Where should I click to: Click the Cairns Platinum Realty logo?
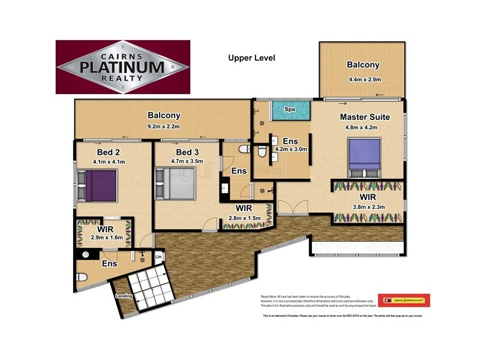pos(123,67)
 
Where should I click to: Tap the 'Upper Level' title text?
pos(251,58)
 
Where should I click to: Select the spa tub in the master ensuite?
pos(290,111)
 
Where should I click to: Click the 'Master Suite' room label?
pos(365,116)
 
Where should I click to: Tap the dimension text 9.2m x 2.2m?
pos(164,127)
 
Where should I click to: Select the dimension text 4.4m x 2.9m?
pos(363,79)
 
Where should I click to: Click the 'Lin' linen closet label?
pos(158,257)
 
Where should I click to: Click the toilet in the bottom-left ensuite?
pos(82,277)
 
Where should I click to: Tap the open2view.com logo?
pos(407,299)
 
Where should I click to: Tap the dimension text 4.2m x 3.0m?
pos(291,149)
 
